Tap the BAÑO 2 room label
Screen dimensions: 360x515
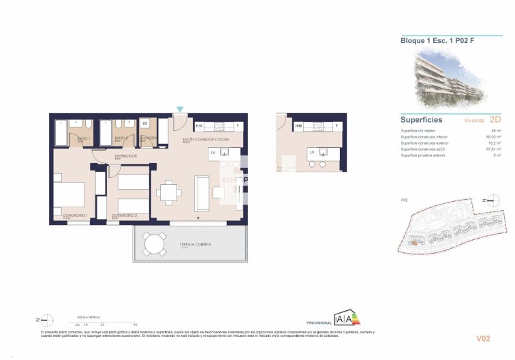pos(122,138)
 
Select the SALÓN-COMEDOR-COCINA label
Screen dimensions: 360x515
pos(205,139)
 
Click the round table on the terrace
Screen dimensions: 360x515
pos(155,243)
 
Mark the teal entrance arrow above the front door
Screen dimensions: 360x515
pos(180,109)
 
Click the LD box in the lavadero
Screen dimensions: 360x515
pos(144,124)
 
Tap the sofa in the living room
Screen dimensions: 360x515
pos(202,193)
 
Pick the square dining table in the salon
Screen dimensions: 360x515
pos(168,193)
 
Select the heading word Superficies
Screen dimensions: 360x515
pos(422,119)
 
